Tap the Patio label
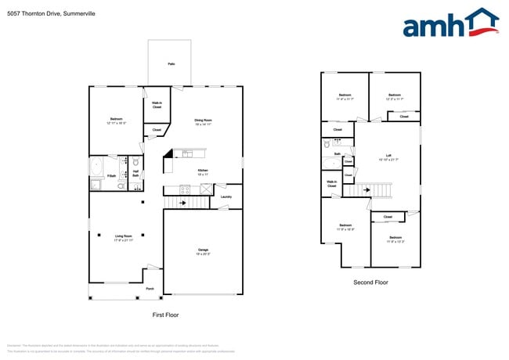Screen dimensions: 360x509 click(171, 64)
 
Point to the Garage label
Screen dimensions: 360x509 click(202, 251)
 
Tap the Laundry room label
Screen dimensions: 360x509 click(226, 197)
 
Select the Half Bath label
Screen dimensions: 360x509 click(135, 173)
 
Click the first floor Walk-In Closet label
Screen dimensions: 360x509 click(157, 106)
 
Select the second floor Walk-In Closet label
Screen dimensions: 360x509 click(332, 184)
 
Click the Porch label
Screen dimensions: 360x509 click(149, 290)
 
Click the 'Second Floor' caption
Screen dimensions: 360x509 click(370, 283)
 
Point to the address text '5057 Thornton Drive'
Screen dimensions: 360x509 click(31, 7)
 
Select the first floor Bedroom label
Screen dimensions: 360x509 click(114, 121)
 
